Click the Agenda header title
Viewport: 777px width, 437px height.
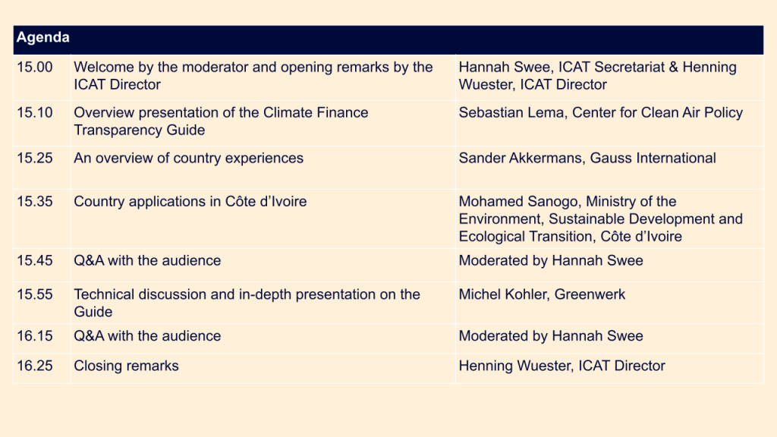tap(42, 38)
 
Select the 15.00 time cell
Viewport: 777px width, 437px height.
tap(35, 68)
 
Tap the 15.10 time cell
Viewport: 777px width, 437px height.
tap(35, 113)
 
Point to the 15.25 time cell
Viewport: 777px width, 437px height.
tap(35, 159)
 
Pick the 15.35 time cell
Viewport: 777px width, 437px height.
tap(35, 202)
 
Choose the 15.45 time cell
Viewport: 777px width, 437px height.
tap(35, 261)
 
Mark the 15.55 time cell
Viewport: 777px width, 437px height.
tap(35, 294)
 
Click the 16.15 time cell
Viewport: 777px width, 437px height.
tap(35, 336)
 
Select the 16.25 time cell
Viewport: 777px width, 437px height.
tap(35, 366)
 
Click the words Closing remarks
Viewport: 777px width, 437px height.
tap(126, 366)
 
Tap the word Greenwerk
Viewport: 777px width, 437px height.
tap(590, 294)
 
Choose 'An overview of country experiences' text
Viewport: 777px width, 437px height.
tap(188, 159)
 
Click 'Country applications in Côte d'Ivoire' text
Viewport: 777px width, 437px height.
tap(190, 202)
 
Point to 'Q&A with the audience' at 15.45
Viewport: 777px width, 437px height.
tap(147, 261)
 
